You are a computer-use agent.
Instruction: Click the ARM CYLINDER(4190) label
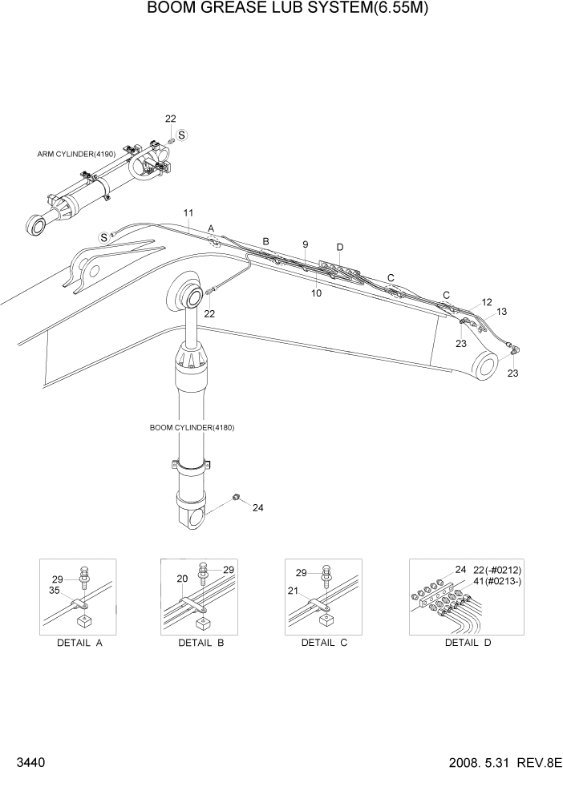coord(76,154)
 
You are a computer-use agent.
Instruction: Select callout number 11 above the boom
coord(188,212)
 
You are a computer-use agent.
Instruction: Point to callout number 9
coord(305,244)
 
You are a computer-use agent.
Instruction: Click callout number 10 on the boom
coord(316,294)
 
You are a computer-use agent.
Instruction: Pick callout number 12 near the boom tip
coord(486,302)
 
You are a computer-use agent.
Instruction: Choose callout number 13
coord(502,312)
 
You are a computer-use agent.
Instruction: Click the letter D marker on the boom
coord(339,247)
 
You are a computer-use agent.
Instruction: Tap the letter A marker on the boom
coord(212,228)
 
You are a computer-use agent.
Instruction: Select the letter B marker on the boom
coord(266,241)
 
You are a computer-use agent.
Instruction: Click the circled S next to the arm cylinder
coord(182,135)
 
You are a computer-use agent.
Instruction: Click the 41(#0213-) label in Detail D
coord(498,581)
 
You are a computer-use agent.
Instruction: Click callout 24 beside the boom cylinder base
coord(257,507)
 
